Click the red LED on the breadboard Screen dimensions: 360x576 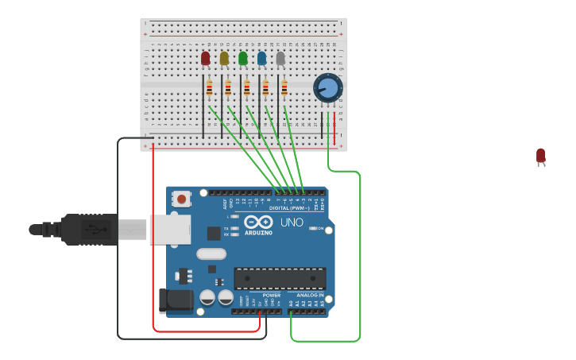point(206,58)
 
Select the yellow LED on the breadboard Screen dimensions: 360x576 point(224,58)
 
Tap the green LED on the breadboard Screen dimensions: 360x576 point(243,58)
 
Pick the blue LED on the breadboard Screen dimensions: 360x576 point(261,58)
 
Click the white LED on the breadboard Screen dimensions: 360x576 point(280,58)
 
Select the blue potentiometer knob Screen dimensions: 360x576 point(327,87)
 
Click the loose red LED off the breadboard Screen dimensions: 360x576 point(541,156)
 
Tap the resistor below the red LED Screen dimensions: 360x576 point(209,88)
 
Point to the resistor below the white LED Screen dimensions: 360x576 point(284,88)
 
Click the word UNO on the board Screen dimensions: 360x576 point(292,223)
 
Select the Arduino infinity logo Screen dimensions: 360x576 point(258,223)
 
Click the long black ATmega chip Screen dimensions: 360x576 point(280,278)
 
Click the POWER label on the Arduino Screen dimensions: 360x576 point(272,295)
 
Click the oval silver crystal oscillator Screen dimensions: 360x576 point(211,254)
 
